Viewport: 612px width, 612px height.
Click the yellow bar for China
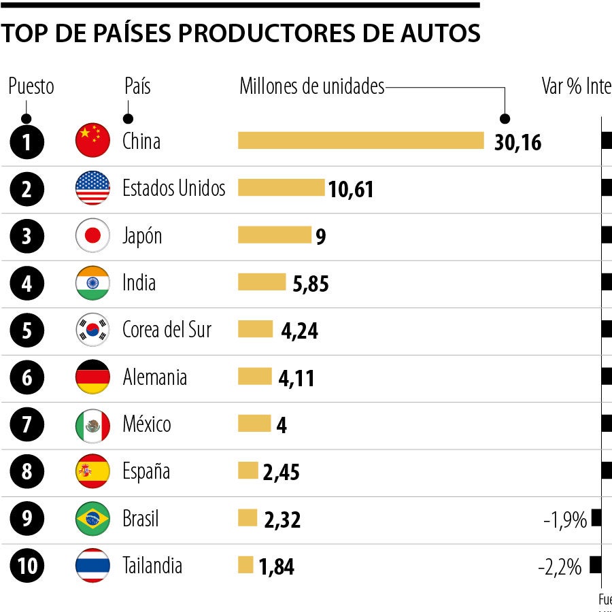click(x=360, y=140)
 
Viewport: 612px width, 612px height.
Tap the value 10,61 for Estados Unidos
click(x=351, y=189)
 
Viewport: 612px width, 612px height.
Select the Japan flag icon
click(x=92, y=236)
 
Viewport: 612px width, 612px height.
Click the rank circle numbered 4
click(x=27, y=283)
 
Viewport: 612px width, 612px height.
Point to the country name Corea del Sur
click(x=167, y=330)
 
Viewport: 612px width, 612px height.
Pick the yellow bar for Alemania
click(x=254, y=376)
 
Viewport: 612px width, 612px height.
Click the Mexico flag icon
click(x=92, y=425)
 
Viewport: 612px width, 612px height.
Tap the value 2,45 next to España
click(x=281, y=473)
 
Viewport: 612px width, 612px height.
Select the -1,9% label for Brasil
click(x=564, y=520)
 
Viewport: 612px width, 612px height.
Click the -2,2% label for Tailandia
click(x=560, y=566)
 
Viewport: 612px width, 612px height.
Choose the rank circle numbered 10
click(x=27, y=566)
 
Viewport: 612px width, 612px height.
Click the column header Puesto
click(x=31, y=87)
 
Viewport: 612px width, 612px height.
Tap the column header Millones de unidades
click(x=311, y=87)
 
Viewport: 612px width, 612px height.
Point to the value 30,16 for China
click(x=517, y=142)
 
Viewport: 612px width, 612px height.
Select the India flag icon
click(x=92, y=283)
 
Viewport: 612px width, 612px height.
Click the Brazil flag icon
click(x=92, y=519)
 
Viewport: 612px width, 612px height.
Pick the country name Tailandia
click(x=152, y=565)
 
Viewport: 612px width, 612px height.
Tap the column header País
click(x=137, y=87)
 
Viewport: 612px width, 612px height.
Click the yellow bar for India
click(x=262, y=282)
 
